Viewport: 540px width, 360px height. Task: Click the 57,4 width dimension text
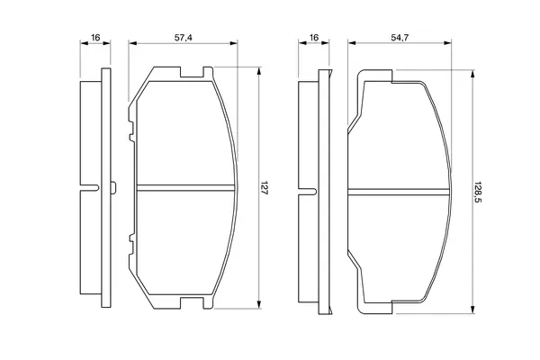point(183,38)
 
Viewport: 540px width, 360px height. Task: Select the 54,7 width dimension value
point(400,38)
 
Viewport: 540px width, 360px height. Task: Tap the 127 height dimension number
point(264,188)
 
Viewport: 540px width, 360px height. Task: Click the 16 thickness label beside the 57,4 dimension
point(95,37)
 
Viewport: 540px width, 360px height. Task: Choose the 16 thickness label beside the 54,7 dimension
point(314,37)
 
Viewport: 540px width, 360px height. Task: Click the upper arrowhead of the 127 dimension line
point(259,70)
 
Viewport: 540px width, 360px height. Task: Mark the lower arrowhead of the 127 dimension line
point(259,304)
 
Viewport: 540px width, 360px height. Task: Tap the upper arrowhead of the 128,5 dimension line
point(473,74)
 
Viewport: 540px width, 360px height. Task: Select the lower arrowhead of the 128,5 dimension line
point(473,310)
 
